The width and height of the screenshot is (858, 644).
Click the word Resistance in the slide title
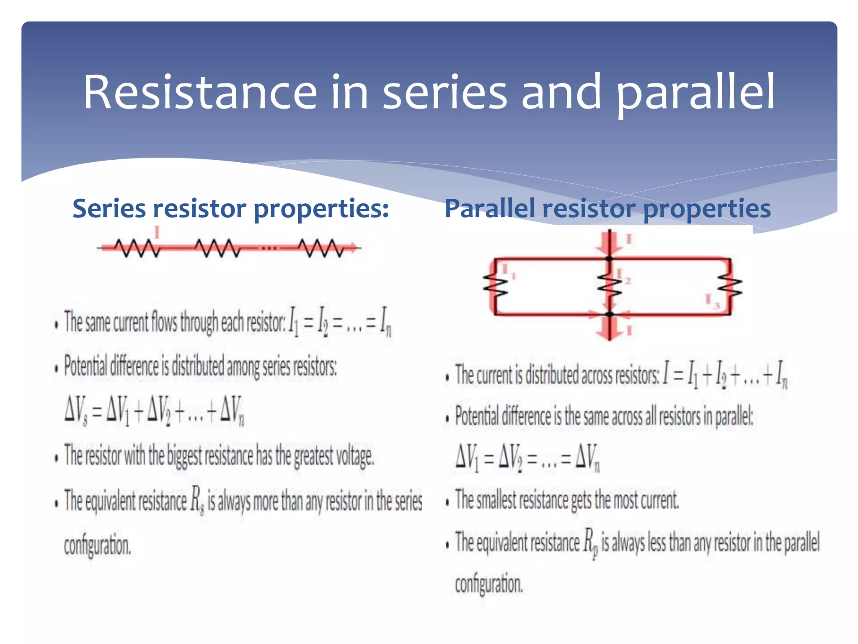(200, 92)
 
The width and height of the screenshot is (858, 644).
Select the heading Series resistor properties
(230, 208)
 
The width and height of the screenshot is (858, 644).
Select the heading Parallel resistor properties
(607, 208)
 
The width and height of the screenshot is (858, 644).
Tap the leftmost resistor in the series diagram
(137, 248)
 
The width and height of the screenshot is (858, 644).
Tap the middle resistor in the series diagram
(218, 248)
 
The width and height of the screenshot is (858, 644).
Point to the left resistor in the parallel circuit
(495, 286)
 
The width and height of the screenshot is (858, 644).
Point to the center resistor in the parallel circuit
(610, 286)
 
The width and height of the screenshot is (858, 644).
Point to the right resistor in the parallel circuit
(730, 286)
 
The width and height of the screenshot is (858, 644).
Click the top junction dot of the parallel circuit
(610, 259)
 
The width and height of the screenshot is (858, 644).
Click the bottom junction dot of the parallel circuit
(610, 314)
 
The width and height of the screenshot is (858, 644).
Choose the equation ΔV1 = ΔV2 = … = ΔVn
(527, 457)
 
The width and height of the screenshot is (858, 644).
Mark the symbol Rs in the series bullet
(197, 500)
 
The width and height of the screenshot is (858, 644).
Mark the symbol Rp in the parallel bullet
(590, 543)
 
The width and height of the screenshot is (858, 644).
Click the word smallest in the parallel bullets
(496, 500)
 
